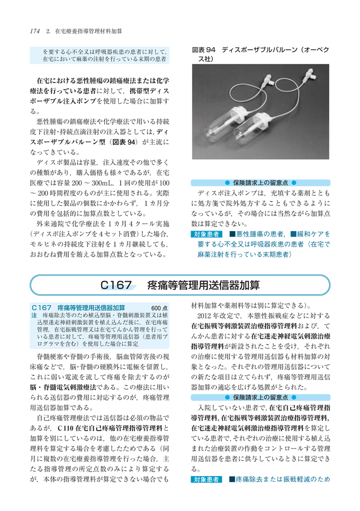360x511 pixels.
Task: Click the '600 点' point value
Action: click(160, 307)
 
